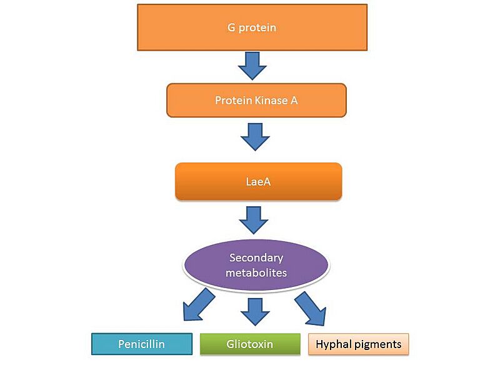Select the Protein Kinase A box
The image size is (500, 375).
(256, 100)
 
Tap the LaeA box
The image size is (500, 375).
(258, 181)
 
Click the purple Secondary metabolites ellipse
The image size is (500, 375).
(256, 265)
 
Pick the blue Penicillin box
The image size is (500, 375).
(141, 344)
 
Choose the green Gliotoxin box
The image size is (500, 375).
(249, 344)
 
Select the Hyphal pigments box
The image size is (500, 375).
(358, 344)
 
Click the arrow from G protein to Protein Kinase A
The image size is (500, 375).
(252, 65)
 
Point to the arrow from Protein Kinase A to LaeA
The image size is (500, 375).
(255, 136)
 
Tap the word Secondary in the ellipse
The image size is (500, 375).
(256, 257)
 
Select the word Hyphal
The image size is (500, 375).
(332, 344)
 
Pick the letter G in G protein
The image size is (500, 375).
(232, 27)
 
